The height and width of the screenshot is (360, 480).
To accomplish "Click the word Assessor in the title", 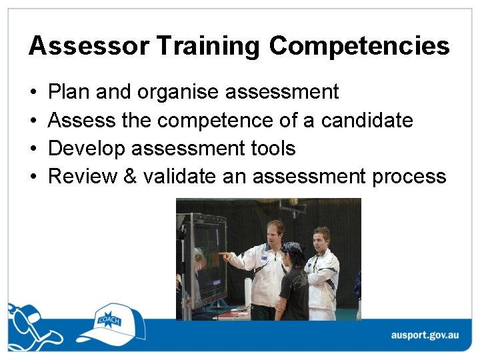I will click(88, 46).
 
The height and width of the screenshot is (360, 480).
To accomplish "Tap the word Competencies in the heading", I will click(359, 46).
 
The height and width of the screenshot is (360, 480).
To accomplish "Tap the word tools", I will click(271, 148).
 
